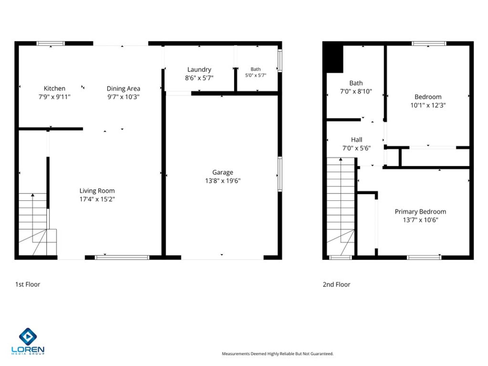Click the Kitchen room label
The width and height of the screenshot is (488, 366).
[55, 88]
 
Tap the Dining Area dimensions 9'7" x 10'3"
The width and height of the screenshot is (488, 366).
[123, 97]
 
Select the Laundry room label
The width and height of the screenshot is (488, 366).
[199, 69]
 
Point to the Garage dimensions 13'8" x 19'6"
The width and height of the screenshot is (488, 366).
[223, 181]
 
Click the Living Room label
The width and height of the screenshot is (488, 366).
[97, 191]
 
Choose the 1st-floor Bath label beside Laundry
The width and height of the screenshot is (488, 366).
[256, 69]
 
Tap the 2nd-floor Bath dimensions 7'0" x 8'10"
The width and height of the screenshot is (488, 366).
[356, 91]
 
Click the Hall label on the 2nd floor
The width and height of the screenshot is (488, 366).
[357, 140]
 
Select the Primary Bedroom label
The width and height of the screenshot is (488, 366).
[420, 211]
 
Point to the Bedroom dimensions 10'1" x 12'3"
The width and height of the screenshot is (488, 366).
[428, 105]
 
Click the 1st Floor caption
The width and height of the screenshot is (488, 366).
[27, 284]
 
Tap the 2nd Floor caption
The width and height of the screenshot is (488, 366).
[337, 284]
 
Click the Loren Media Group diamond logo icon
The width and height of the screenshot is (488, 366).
[28, 337]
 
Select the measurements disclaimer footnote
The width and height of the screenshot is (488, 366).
[278, 353]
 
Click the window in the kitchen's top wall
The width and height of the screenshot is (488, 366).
[51, 43]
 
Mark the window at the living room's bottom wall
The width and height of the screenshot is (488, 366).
[122, 257]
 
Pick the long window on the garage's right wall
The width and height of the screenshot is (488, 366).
[280, 174]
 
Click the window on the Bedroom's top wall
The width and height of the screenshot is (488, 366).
[429, 43]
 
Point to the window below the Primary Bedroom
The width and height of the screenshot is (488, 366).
[424, 257]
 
